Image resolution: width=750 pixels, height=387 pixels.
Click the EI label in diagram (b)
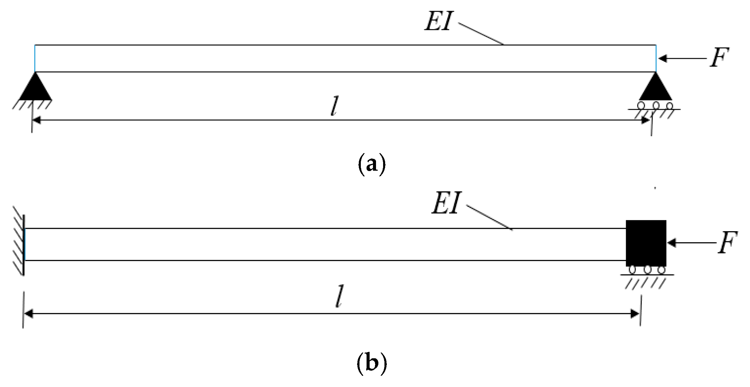click(446, 204)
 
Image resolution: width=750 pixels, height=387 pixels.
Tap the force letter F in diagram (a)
click(719, 58)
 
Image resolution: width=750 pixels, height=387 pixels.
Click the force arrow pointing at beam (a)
click(682, 58)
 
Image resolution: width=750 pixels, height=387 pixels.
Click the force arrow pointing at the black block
click(690, 243)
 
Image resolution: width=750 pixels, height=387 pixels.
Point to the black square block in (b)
click(646, 243)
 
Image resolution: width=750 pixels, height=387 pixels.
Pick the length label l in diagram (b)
click(340, 296)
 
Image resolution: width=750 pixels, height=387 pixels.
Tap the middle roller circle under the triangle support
click(655, 105)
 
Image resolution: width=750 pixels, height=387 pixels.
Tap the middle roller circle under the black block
click(647, 270)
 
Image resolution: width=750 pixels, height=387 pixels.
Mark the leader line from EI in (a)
click(481, 34)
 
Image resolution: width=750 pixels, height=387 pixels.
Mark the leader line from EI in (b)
click(489, 217)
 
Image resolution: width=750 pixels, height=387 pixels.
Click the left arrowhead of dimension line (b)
click(28, 314)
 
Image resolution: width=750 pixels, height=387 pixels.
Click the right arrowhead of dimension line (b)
click(635, 314)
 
